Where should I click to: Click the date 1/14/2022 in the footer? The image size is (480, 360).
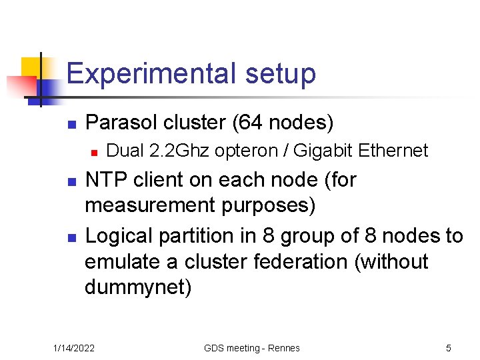[x=74, y=348]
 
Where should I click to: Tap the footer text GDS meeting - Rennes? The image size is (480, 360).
[x=252, y=348]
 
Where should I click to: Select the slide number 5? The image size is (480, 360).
[x=448, y=348]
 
